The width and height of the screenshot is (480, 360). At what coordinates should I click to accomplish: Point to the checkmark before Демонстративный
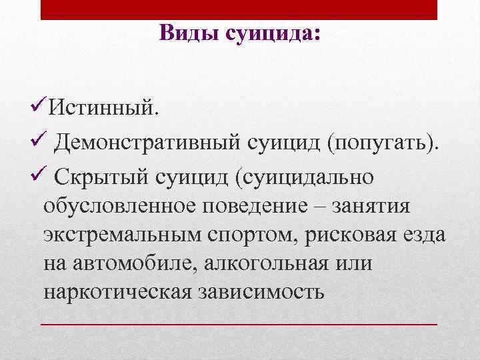[39, 141]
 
